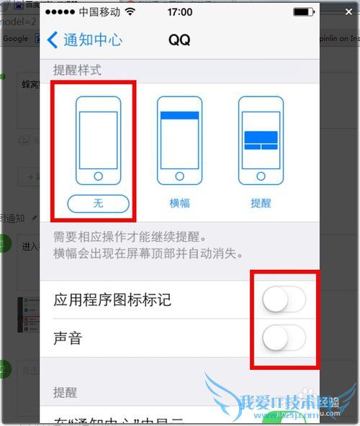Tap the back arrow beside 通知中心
(53, 39)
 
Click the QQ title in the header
(179, 40)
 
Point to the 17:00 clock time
(179, 12)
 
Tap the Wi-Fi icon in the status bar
(130, 12)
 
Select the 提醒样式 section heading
(78, 71)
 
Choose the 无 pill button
(99, 204)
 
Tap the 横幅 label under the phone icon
(179, 204)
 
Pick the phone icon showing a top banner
(179, 141)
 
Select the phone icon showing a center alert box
(261, 141)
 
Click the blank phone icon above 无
(99, 141)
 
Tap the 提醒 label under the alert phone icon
(261, 204)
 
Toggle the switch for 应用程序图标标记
(284, 299)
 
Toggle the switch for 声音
(284, 337)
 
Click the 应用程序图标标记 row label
(112, 299)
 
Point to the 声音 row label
(68, 337)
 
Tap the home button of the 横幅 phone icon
(179, 176)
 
